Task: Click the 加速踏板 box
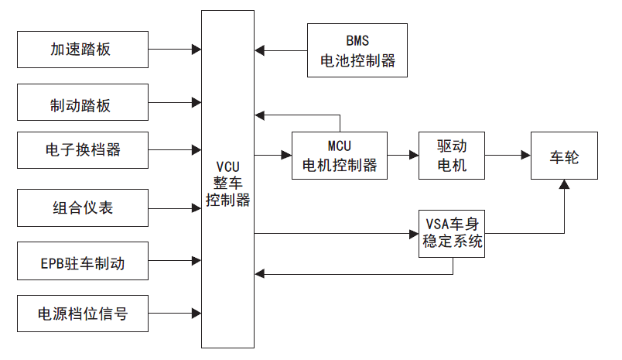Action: pos(82,49)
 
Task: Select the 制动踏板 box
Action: pos(82,102)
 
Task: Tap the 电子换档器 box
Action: pos(82,149)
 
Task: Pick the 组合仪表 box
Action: pos(82,207)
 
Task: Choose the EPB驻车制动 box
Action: pos(82,262)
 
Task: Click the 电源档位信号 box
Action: pos(82,314)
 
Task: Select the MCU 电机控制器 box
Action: pos(339,156)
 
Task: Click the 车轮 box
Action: pos(564,156)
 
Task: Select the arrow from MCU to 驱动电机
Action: pos(402,156)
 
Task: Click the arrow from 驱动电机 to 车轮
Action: pos(498,156)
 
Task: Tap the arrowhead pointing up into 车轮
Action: pos(564,185)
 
